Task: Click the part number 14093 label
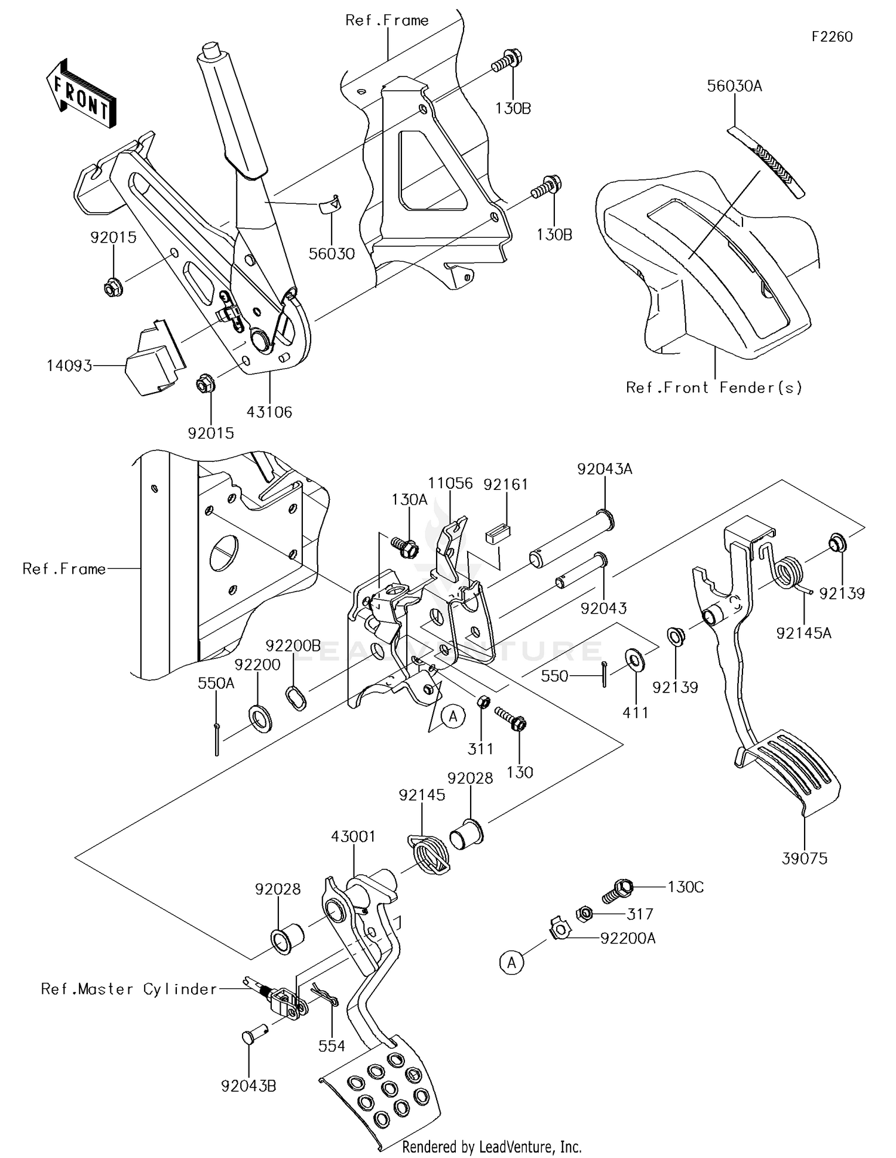point(69,365)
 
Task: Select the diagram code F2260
point(831,37)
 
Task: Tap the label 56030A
point(734,86)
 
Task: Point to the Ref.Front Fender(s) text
point(714,388)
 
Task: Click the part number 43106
point(269,412)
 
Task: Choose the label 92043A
point(605,470)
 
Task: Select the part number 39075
point(805,859)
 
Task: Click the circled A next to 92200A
point(511,963)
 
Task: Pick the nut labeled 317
point(584,913)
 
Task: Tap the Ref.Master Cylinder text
point(129,989)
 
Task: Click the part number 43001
point(354,837)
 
